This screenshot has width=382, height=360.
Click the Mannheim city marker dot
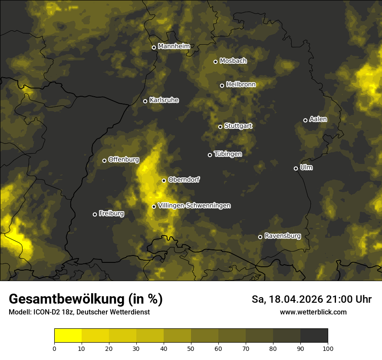[154, 48]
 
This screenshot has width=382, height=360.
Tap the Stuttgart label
[238, 126]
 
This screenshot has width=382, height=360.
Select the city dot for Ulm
[296, 168]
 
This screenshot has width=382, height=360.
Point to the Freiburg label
[111, 213]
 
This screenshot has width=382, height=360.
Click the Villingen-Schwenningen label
[194, 206]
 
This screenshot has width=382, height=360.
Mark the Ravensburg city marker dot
[260, 237]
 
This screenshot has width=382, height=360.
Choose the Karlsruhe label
[164, 100]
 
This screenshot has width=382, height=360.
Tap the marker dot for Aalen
[305, 120]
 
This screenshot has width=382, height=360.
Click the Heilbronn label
[241, 85]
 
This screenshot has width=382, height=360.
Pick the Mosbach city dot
[215, 62]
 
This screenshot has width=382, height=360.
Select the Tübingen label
[227, 154]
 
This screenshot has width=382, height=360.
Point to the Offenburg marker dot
[104, 160]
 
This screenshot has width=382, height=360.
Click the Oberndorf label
[184, 180]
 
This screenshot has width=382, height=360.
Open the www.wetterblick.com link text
[313, 312]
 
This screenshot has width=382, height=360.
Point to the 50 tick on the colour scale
[191, 348]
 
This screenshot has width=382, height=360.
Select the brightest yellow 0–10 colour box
[68, 336]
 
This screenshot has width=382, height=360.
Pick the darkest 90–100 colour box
[314, 336]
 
